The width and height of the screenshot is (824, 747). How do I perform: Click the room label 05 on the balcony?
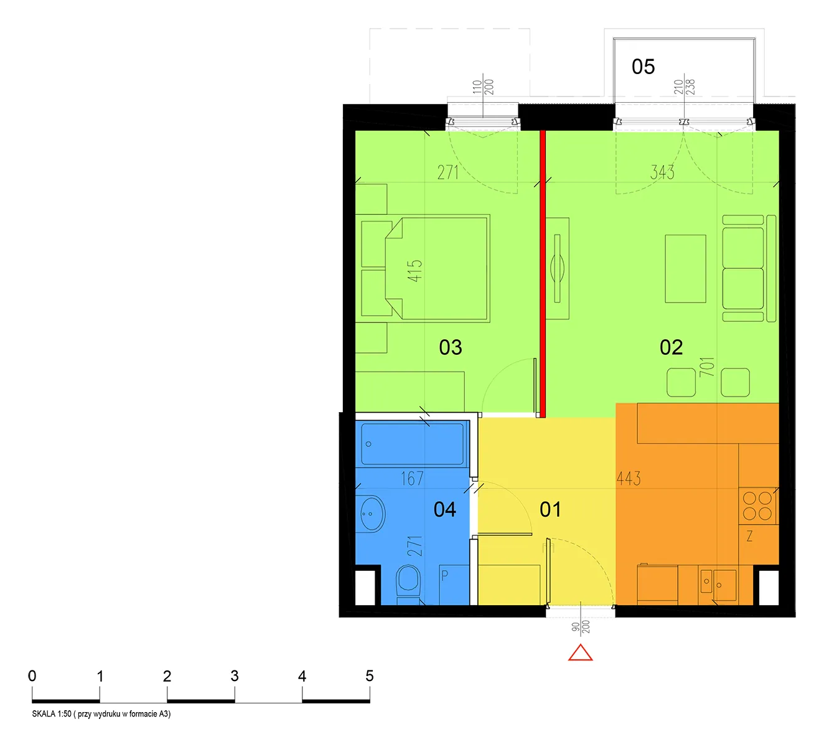pos(643,67)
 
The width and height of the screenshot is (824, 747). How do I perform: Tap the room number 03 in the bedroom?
pos(450,347)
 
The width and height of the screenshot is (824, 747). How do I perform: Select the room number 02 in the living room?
pos(671,347)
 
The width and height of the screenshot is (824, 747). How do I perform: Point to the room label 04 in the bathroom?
pos(444,509)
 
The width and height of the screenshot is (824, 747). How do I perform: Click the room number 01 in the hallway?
pos(550,509)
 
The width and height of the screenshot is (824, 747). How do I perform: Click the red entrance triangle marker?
pos(580,653)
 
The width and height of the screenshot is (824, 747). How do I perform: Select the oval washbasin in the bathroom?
pos(372,514)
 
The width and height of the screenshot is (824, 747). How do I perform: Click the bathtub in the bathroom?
pos(412,444)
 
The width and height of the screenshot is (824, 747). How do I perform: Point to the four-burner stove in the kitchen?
pos(757,506)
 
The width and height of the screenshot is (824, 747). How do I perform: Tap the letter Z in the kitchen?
pos(750,536)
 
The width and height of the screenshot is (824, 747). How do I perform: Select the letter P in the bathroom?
pos(444,576)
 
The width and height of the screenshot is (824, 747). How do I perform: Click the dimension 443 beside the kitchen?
pos(629,478)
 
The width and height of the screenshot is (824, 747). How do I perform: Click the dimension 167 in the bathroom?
pos(411,478)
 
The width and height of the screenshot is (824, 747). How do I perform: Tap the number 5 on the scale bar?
pos(369,676)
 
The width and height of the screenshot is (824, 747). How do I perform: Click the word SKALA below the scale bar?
pos(44,714)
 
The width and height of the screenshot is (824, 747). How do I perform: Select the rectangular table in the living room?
pos(685,269)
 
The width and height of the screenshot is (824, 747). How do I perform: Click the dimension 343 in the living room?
pos(662,172)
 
